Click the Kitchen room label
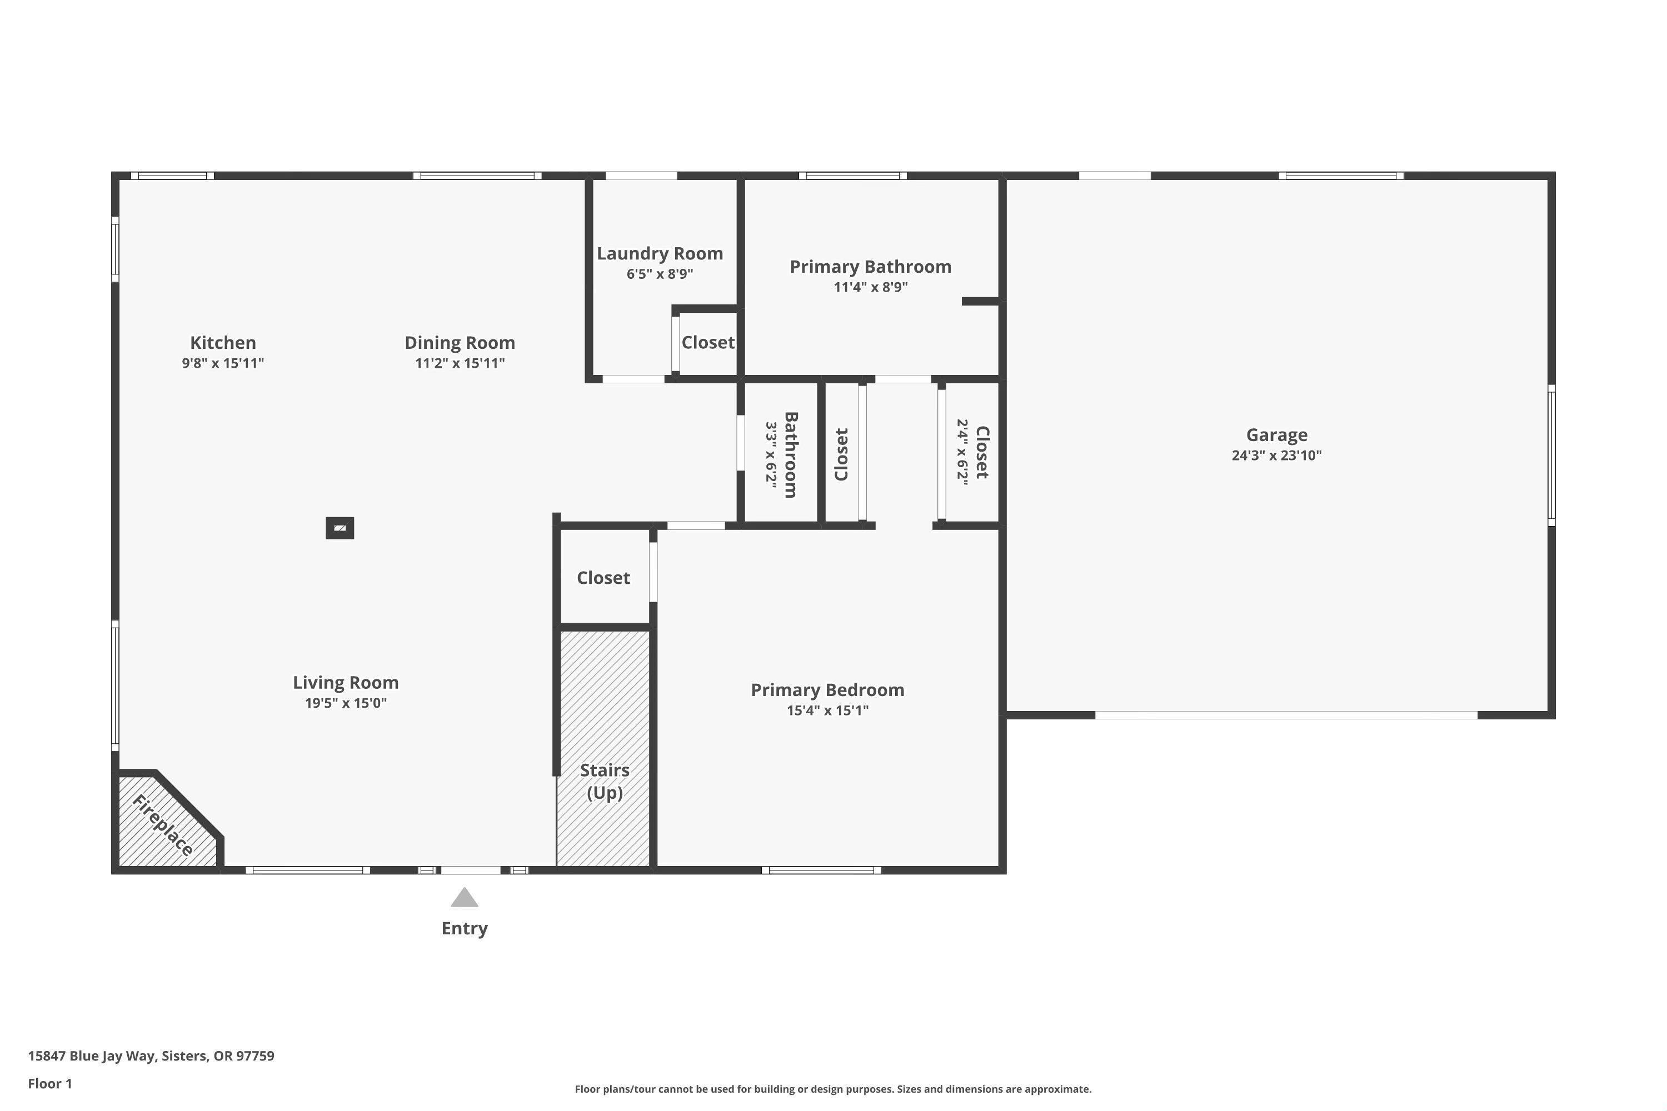pyautogui.click(x=223, y=343)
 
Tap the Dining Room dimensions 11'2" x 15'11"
pyautogui.click(x=460, y=363)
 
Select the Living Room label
pyautogui.click(x=345, y=682)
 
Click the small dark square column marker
pyautogui.click(x=340, y=528)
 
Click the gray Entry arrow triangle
pyautogui.click(x=464, y=898)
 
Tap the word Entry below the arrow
pyautogui.click(x=464, y=928)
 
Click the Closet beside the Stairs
pyautogui.click(x=603, y=578)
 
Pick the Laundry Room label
pyautogui.click(x=659, y=254)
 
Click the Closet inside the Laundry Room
pyautogui.click(x=707, y=343)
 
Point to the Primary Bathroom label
pyautogui.click(x=870, y=267)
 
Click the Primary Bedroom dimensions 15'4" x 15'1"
pyautogui.click(x=827, y=710)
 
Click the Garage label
pyautogui.click(x=1276, y=435)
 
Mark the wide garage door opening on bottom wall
pyautogui.click(x=1286, y=715)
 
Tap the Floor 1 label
pyautogui.click(x=49, y=1083)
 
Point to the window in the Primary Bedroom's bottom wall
pyautogui.click(x=821, y=870)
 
